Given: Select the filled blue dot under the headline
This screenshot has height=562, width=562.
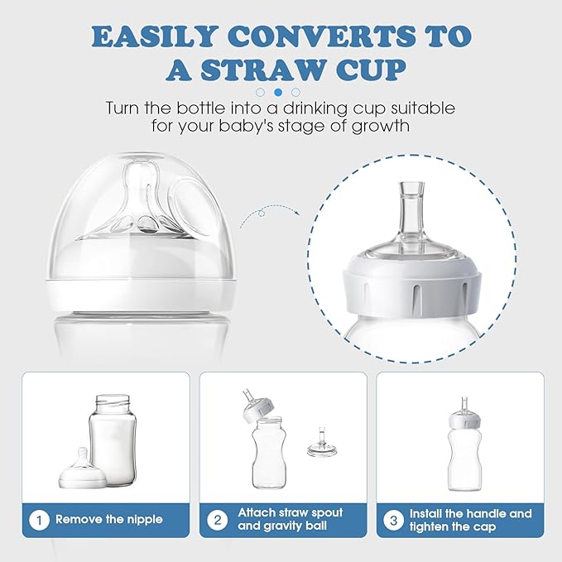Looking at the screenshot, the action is click(278, 93).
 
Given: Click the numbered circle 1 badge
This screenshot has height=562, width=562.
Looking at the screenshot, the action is click(39, 520).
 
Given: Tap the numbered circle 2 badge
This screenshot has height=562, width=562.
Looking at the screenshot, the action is click(218, 520).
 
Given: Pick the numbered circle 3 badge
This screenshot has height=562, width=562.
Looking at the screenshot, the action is click(393, 520).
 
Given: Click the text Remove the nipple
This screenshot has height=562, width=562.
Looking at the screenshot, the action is click(109, 519).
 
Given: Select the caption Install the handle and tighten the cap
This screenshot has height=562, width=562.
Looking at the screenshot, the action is click(470, 520).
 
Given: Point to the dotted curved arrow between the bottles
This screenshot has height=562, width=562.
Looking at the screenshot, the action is click(269, 211).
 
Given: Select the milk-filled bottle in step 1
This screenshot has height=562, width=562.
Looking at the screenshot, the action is click(113, 440).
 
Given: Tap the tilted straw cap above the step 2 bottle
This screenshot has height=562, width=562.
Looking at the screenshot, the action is click(257, 406).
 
